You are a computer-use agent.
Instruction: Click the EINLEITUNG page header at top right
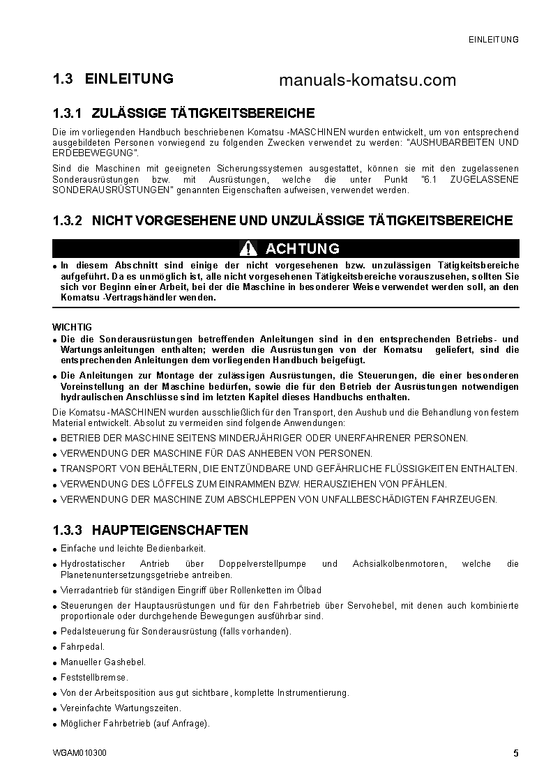(x=493, y=40)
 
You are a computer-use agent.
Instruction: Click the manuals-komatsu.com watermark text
(x=367, y=80)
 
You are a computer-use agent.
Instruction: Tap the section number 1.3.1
(x=68, y=113)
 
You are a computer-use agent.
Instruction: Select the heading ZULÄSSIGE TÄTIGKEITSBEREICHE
(x=203, y=113)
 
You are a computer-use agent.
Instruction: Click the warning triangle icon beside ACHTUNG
(x=248, y=248)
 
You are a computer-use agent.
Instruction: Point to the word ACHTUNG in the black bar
(x=303, y=248)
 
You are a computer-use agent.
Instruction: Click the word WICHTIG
(x=72, y=327)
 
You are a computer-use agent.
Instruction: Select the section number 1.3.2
(x=68, y=221)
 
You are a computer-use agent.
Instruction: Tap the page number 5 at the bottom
(x=515, y=753)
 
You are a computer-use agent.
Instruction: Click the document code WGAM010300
(x=79, y=754)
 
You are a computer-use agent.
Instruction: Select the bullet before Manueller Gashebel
(x=54, y=663)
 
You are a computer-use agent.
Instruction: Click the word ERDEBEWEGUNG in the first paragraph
(x=92, y=153)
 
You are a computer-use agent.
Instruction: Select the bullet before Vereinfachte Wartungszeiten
(x=54, y=709)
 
